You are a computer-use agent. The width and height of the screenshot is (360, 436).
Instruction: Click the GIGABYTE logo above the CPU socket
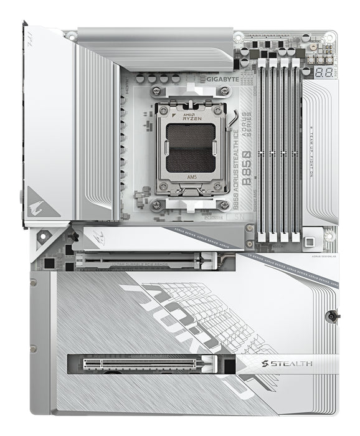(221, 80)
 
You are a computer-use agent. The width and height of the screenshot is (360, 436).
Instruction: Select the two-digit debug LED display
(322, 73)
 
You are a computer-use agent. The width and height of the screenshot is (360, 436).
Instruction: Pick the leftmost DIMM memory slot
(262, 149)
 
